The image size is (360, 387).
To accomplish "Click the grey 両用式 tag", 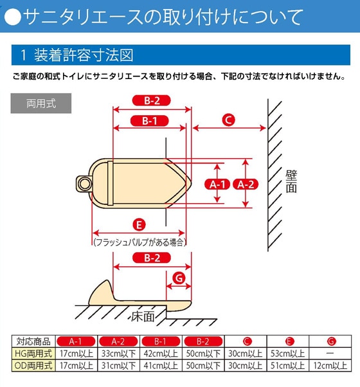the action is pyautogui.click(x=41, y=103).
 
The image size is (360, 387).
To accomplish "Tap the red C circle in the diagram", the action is pyautogui.click(x=228, y=120).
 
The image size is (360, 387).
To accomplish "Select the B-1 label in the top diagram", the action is pyautogui.click(x=150, y=121).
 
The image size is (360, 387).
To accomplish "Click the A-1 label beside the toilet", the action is pyautogui.click(x=217, y=184).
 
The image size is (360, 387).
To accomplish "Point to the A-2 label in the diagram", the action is pyautogui.click(x=246, y=184).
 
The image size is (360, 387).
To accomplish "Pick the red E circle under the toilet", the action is pyautogui.click(x=139, y=225).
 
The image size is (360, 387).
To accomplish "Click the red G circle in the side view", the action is pyautogui.click(x=179, y=278).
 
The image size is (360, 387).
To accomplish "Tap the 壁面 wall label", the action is pyautogui.click(x=291, y=181).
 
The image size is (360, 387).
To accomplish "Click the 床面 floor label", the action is pyautogui.click(x=143, y=316).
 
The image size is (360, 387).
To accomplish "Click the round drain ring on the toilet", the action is pyautogui.click(x=84, y=184).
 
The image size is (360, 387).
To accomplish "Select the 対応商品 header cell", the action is pyautogui.click(x=33, y=341).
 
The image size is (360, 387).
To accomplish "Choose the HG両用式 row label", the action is pyautogui.click(x=33, y=354).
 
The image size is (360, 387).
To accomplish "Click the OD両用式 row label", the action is pyautogui.click(x=33, y=365).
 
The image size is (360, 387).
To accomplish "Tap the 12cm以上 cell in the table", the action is pyautogui.click(x=330, y=365).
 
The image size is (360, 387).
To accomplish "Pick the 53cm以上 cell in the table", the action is pyautogui.click(x=288, y=354).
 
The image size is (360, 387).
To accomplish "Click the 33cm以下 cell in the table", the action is pyautogui.click(x=119, y=354).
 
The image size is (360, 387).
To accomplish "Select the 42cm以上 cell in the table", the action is pyautogui.click(x=161, y=354).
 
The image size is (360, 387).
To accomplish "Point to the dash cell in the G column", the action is pyautogui.click(x=330, y=354).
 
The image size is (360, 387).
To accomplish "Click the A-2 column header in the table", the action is pyautogui.click(x=118, y=341).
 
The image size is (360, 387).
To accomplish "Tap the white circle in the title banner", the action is pyautogui.click(x=13, y=17).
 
